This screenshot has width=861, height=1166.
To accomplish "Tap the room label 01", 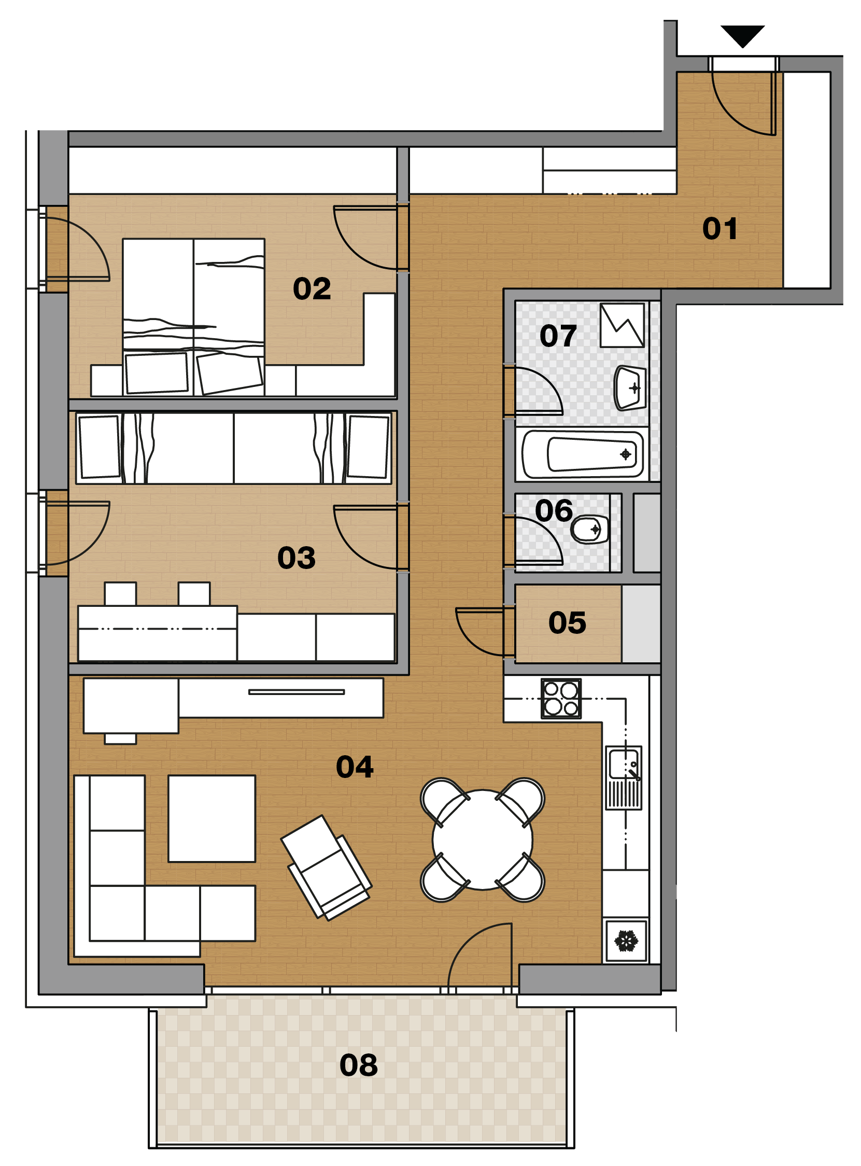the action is (x=720, y=228).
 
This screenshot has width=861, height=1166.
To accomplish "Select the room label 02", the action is (x=312, y=288).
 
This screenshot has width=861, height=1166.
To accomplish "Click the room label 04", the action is (x=355, y=767).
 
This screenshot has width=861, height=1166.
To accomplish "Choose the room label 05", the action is (x=567, y=622).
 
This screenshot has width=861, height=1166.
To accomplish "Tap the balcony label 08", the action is (x=359, y=1065).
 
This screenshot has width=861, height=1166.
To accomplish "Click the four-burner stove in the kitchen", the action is (x=561, y=699).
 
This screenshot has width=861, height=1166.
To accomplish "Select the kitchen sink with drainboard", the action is (x=624, y=778).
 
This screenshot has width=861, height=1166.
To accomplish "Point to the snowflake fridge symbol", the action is (x=626, y=941).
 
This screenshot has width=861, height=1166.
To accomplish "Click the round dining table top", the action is (x=483, y=840).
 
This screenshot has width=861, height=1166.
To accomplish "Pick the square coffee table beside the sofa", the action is (x=211, y=818).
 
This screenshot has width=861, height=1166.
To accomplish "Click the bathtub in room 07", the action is (x=583, y=454).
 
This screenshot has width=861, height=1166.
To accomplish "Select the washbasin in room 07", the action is (x=630, y=388).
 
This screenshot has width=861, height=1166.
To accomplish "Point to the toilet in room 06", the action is (x=589, y=530).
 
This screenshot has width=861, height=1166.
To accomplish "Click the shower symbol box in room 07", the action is (x=623, y=325).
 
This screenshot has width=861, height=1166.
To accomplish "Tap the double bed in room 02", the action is (x=193, y=317).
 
